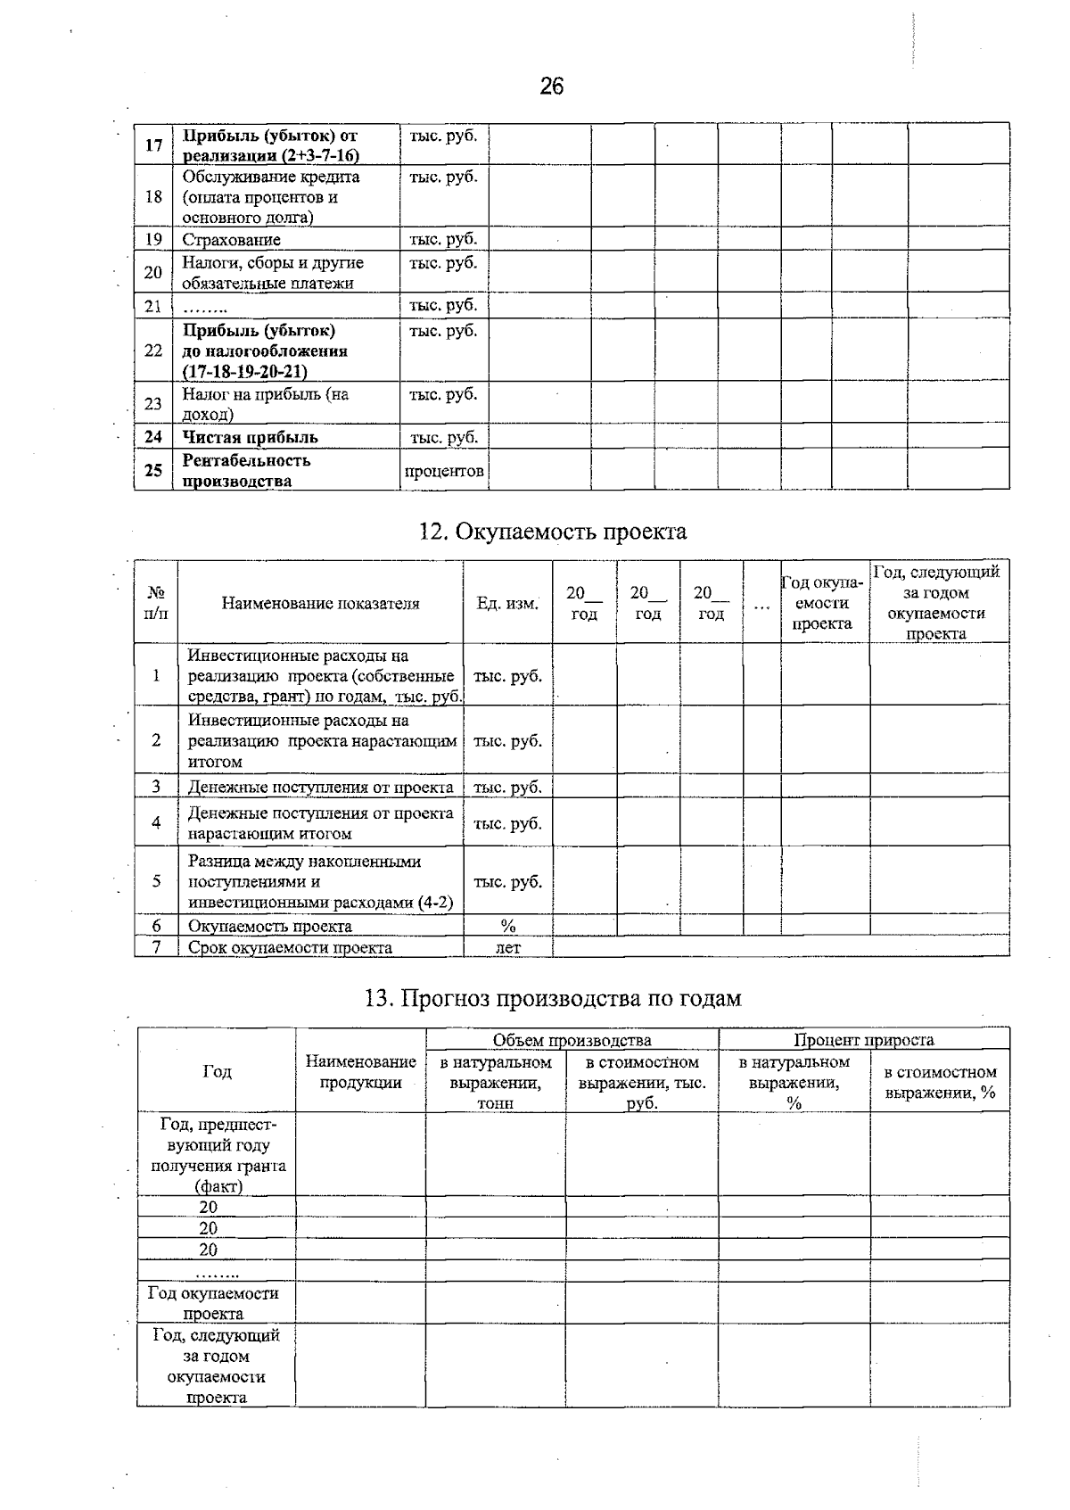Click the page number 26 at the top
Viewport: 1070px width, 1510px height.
pos(551,87)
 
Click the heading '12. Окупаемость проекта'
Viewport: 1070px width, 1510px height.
pos(553,532)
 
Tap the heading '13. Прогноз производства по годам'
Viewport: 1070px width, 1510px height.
pos(553,998)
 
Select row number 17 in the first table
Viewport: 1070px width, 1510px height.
pos(153,144)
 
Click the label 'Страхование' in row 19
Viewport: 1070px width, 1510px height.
pos(231,239)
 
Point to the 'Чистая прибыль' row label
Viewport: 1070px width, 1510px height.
pos(250,437)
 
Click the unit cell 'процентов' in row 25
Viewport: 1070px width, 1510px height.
pos(444,471)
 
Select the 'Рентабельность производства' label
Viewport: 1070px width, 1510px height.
pos(246,471)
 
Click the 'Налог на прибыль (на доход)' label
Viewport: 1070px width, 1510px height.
pos(265,403)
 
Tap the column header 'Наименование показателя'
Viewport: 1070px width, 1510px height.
pos(320,603)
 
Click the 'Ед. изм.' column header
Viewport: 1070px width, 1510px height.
pos(507,603)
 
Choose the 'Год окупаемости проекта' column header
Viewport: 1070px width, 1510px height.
pos(823,603)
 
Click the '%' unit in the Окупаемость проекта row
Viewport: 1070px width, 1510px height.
pos(507,926)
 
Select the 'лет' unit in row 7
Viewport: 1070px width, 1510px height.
pos(507,947)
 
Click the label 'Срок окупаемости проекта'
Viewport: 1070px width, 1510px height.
pos(290,947)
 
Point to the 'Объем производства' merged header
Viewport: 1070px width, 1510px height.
pos(572,1040)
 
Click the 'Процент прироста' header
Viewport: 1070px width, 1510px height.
pos(863,1040)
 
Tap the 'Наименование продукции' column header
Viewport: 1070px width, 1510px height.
pos(360,1072)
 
